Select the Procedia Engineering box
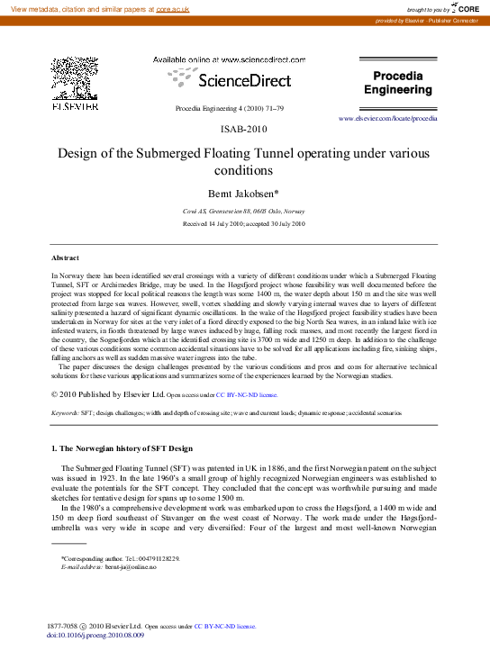pyautogui.click(x=397, y=84)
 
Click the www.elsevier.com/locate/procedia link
pyautogui.click(x=388, y=118)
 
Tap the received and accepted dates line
pyautogui.click(x=243, y=223)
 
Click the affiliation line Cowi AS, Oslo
pyautogui.click(x=243, y=210)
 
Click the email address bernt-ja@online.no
pyautogui.click(x=131, y=567)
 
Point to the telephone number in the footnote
pyautogui.click(x=158, y=559)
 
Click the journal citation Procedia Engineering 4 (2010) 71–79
pyautogui.click(x=229, y=108)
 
